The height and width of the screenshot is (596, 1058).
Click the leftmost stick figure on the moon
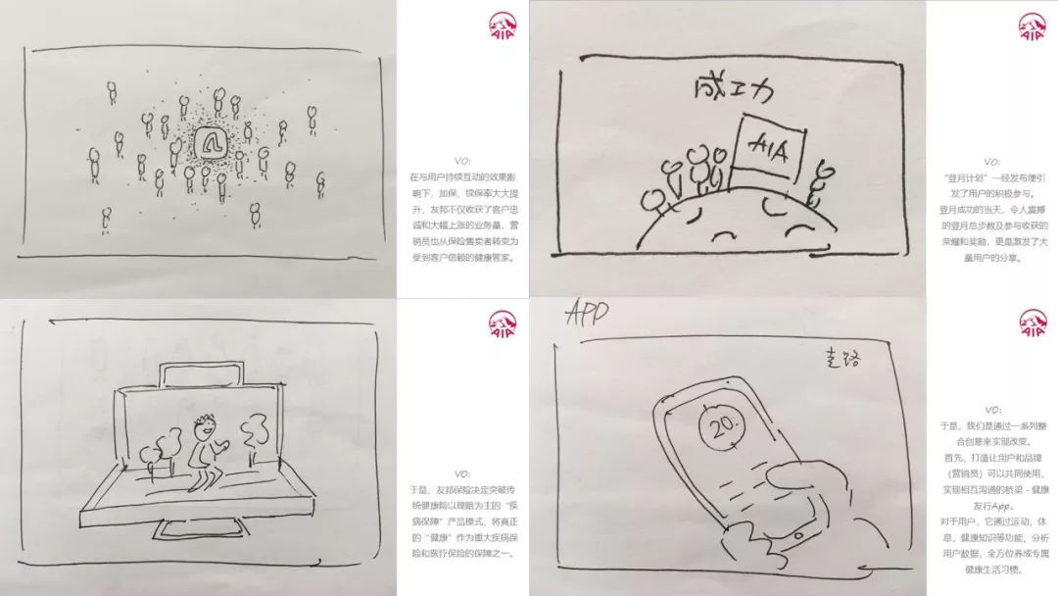pos(651,202)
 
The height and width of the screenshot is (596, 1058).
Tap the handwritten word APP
pos(587,314)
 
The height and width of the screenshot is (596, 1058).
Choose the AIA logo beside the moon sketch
pos(1029,26)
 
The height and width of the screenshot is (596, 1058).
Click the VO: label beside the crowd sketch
pos(462,161)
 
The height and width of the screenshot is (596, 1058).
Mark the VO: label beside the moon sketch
pos(991,161)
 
